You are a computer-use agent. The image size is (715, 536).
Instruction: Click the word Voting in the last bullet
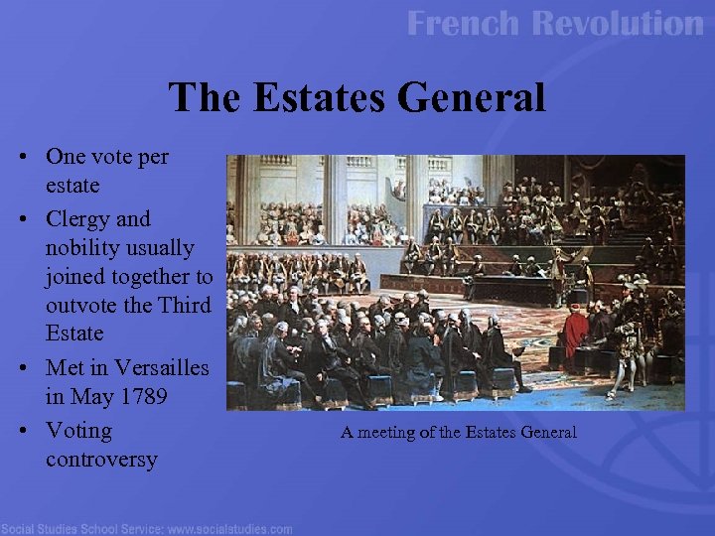tap(78, 431)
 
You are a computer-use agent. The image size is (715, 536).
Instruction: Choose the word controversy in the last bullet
tap(101, 460)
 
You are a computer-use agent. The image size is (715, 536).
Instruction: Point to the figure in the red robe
tap(576, 332)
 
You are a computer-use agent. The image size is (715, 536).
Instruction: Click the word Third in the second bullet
tap(185, 305)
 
